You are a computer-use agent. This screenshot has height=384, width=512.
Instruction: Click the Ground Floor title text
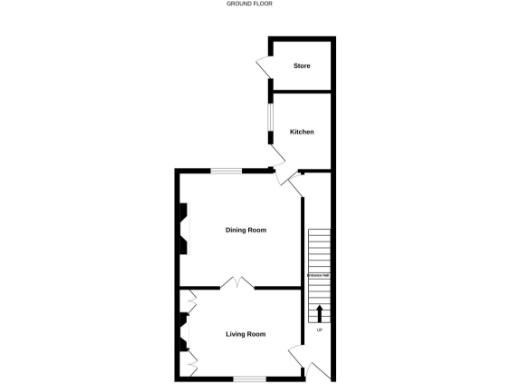(250, 4)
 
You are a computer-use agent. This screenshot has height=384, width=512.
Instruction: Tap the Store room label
(301, 66)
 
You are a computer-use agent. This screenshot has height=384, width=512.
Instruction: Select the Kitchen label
(302, 132)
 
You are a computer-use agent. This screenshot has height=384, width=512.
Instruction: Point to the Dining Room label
(246, 230)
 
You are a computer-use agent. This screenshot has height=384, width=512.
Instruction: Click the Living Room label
(246, 334)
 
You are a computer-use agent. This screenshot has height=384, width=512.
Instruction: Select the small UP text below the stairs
(319, 330)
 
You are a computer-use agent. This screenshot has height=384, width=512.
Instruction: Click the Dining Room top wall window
(227, 171)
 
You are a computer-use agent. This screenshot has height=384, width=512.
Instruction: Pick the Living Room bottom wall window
(249, 378)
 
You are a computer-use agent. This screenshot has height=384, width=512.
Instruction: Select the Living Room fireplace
(183, 333)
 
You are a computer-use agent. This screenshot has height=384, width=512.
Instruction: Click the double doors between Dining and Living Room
(237, 284)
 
